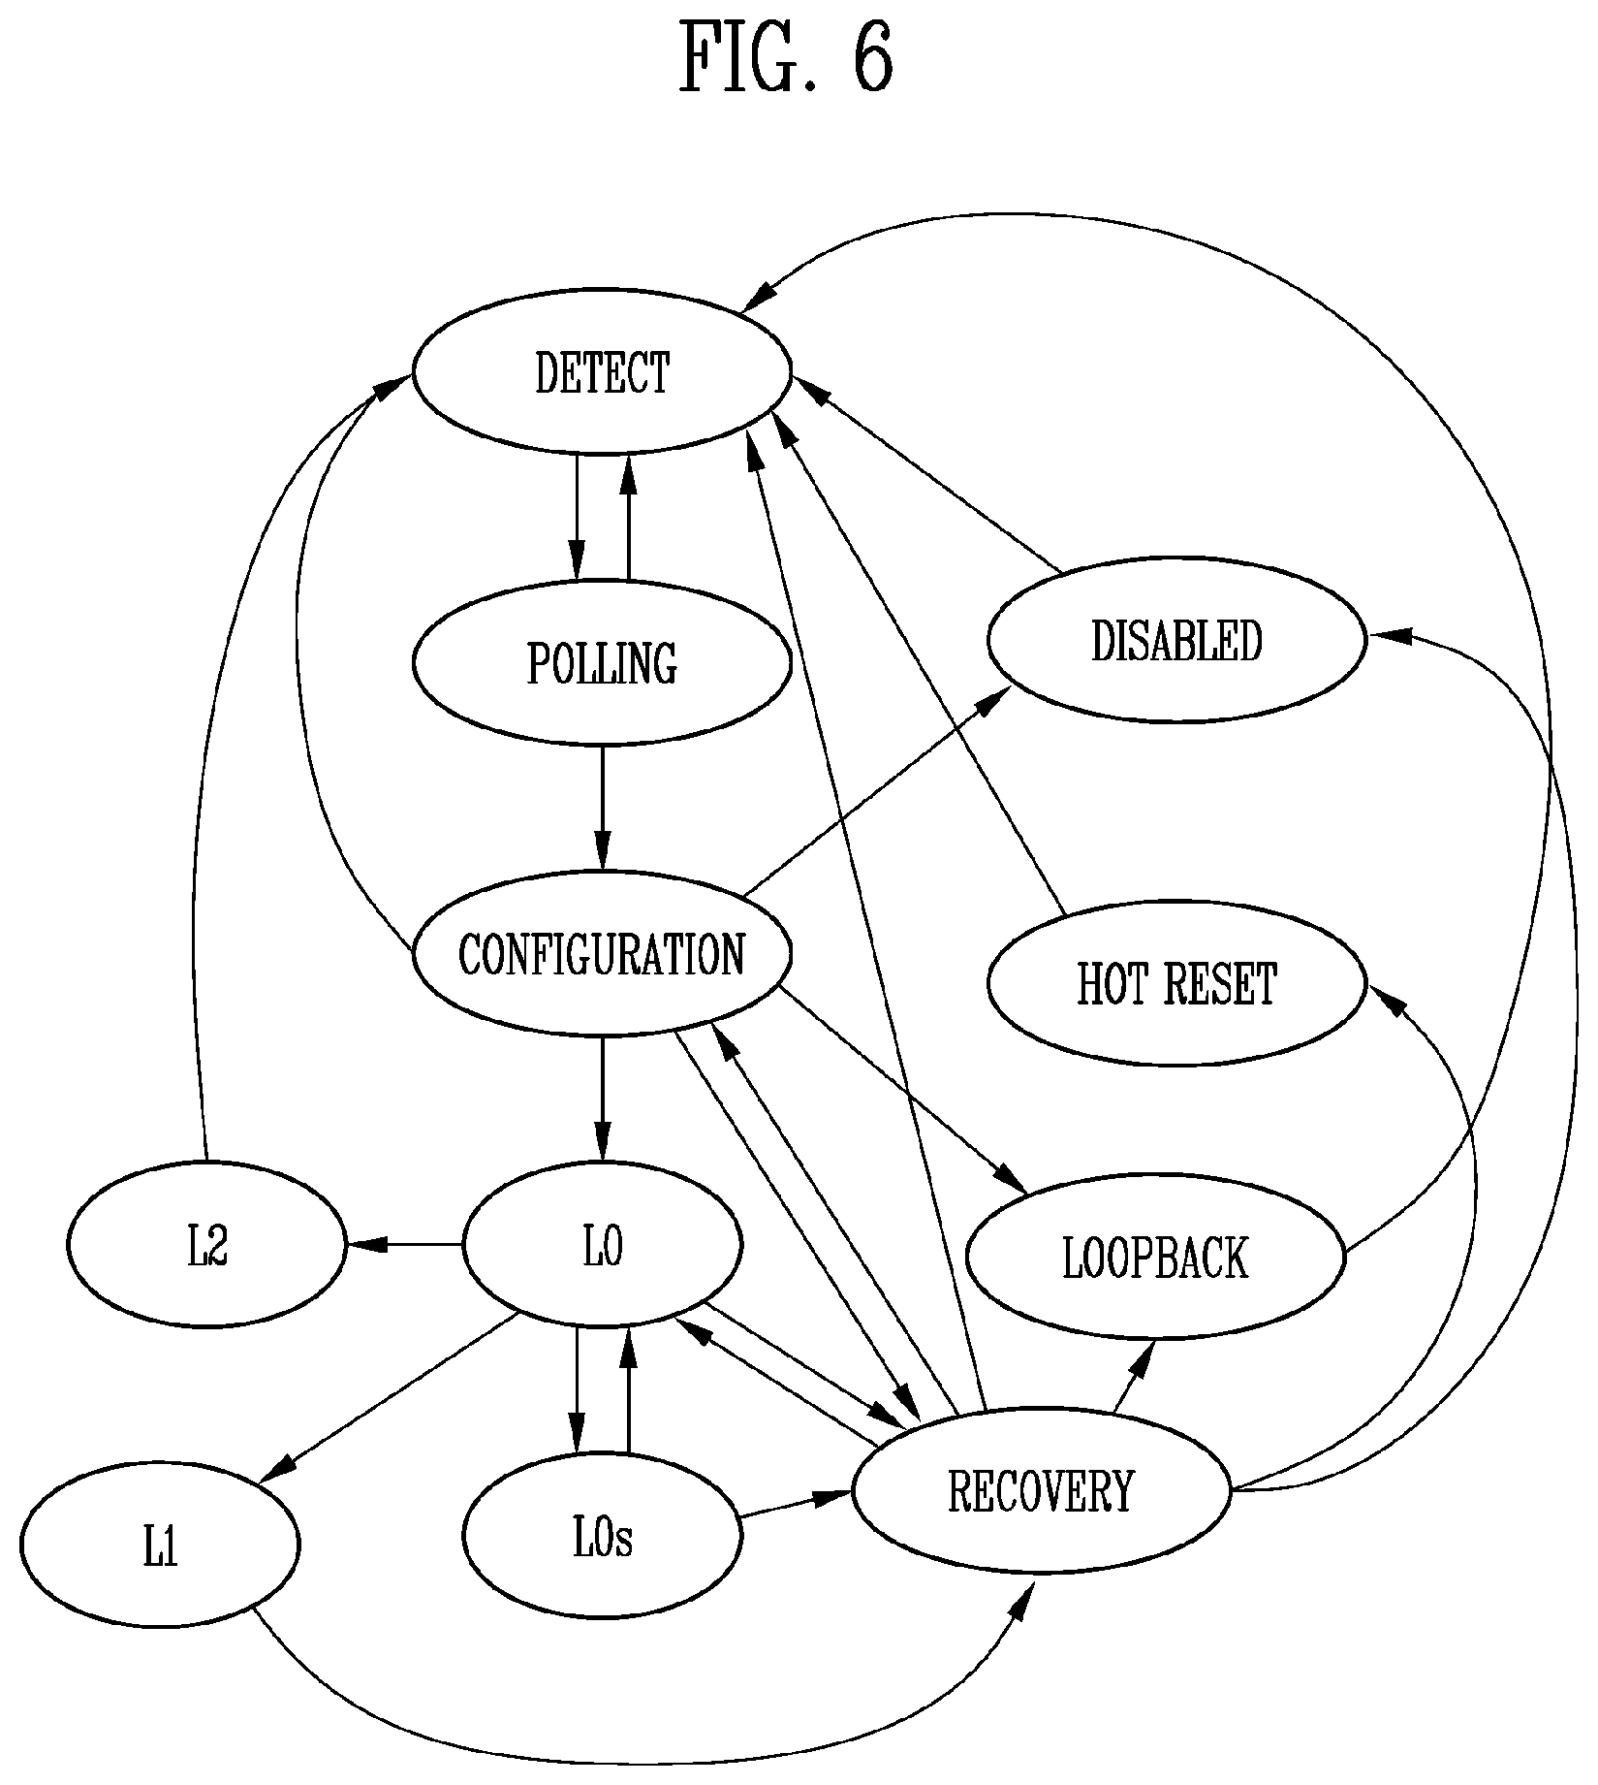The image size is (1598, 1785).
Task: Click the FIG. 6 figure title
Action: click(786, 57)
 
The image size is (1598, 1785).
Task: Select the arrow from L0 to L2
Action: click(404, 1244)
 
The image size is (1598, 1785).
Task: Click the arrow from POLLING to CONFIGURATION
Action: click(602, 809)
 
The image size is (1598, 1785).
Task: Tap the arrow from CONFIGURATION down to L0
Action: click(602, 1100)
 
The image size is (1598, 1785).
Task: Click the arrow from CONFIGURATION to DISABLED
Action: click(878, 788)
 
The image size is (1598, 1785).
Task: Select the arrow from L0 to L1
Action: click(388, 1398)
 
